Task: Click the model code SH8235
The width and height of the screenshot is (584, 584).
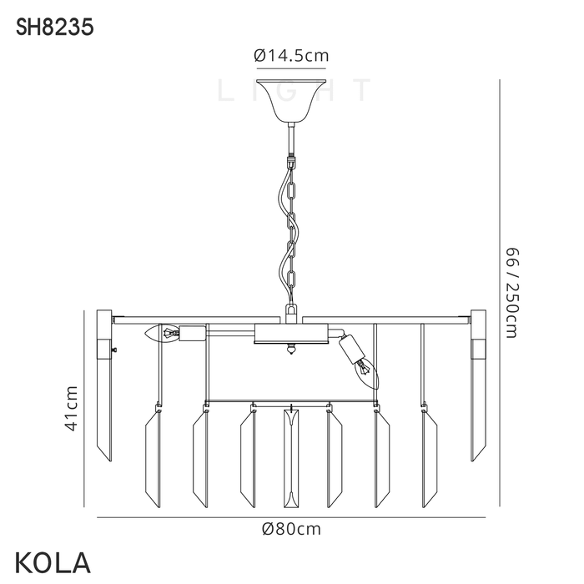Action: (54, 28)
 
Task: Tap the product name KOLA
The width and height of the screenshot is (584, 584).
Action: (53, 563)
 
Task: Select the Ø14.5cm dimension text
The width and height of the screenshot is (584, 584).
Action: (291, 56)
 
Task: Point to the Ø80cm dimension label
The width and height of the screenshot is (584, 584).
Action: (291, 529)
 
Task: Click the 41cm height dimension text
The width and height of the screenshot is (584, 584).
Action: (71, 409)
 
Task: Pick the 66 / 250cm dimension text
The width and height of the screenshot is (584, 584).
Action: (511, 293)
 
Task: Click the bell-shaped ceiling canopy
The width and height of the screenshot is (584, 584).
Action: (291, 101)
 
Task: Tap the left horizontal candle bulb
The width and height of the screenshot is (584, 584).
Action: (163, 333)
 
